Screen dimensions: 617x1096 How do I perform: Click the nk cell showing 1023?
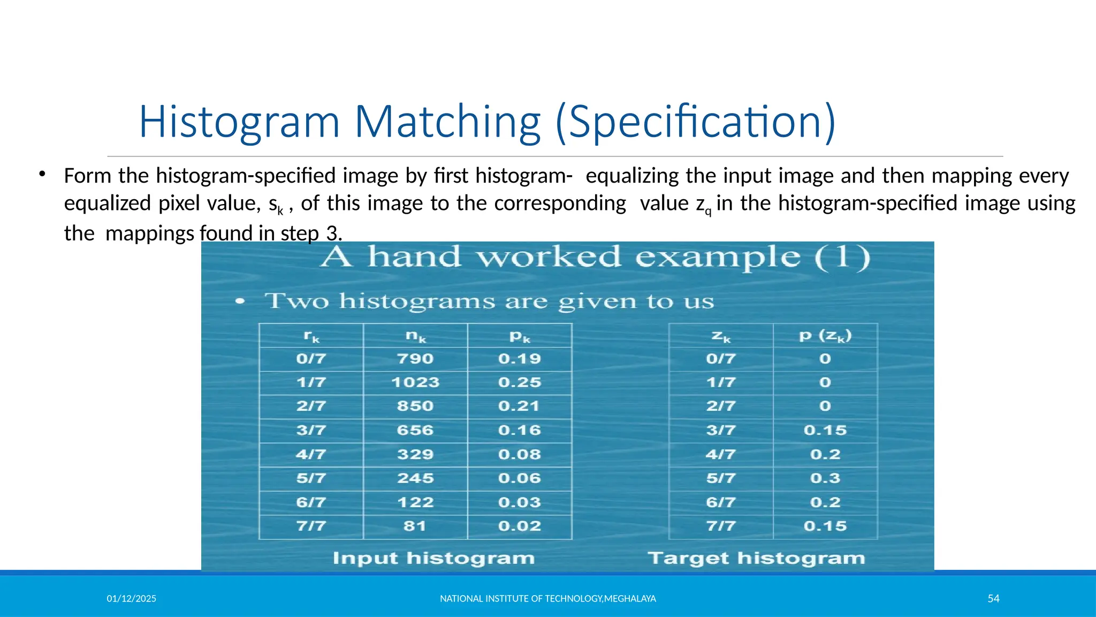(x=415, y=382)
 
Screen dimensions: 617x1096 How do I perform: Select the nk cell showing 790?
(x=415, y=359)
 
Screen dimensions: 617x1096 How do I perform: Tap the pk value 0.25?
(x=520, y=382)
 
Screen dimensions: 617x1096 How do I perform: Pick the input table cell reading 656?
(x=415, y=430)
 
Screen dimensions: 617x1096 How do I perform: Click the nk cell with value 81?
(x=415, y=526)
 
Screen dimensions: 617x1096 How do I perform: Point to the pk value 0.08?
(x=520, y=454)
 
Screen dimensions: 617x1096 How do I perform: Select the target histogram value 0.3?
(x=825, y=478)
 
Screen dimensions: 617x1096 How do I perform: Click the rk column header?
(x=311, y=336)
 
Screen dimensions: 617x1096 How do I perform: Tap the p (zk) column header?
(x=825, y=336)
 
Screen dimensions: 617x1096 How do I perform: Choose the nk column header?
(x=416, y=336)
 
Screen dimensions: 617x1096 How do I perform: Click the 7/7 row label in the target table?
(x=721, y=526)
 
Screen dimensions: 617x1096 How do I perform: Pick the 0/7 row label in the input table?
(x=311, y=359)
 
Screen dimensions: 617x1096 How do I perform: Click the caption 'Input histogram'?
(x=433, y=558)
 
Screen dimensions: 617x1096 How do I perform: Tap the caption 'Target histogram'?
(x=756, y=558)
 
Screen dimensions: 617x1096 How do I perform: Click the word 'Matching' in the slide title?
(x=447, y=122)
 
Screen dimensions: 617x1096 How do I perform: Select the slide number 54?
(x=993, y=598)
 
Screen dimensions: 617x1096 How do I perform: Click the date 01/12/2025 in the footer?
(x=132, y=598)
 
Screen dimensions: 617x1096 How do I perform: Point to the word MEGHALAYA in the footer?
(x=630, y=598)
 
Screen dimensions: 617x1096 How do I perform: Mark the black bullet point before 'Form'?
(x=41, y=174)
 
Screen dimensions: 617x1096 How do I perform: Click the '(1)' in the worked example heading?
(x=843, y=257)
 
